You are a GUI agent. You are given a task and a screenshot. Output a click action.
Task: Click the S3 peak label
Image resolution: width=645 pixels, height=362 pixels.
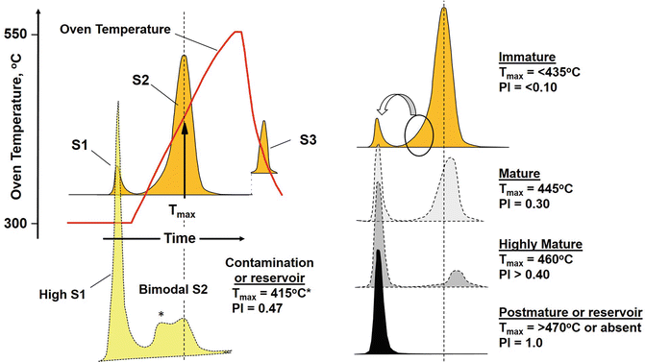308,139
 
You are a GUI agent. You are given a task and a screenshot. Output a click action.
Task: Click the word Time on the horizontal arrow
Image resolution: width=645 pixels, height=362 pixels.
175,236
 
